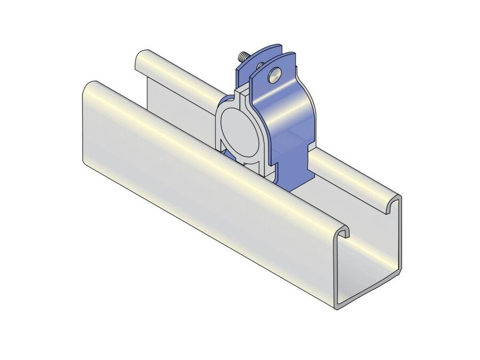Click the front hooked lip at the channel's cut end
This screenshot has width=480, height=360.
pyautogui.click(x=346, y=231)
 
